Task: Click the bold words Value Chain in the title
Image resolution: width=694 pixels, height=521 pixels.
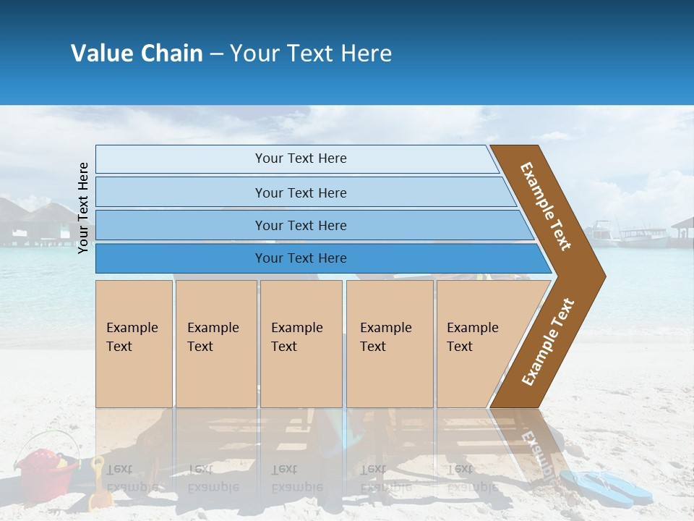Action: click(137, 54)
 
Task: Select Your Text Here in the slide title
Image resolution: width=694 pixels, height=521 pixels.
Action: click(311, 54)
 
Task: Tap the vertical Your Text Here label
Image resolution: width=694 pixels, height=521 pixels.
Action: click(83, 208)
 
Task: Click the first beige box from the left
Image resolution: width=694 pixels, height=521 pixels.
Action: click(134, 343)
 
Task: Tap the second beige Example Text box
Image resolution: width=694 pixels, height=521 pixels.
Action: click(215, 343)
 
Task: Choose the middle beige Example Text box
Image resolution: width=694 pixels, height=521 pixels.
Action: click(301, 343)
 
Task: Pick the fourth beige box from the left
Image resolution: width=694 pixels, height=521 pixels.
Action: click(389, 343)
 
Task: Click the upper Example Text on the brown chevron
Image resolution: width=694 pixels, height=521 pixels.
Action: click(546, 206)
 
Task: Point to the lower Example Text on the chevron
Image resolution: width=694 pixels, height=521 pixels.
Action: click(548, 342)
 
